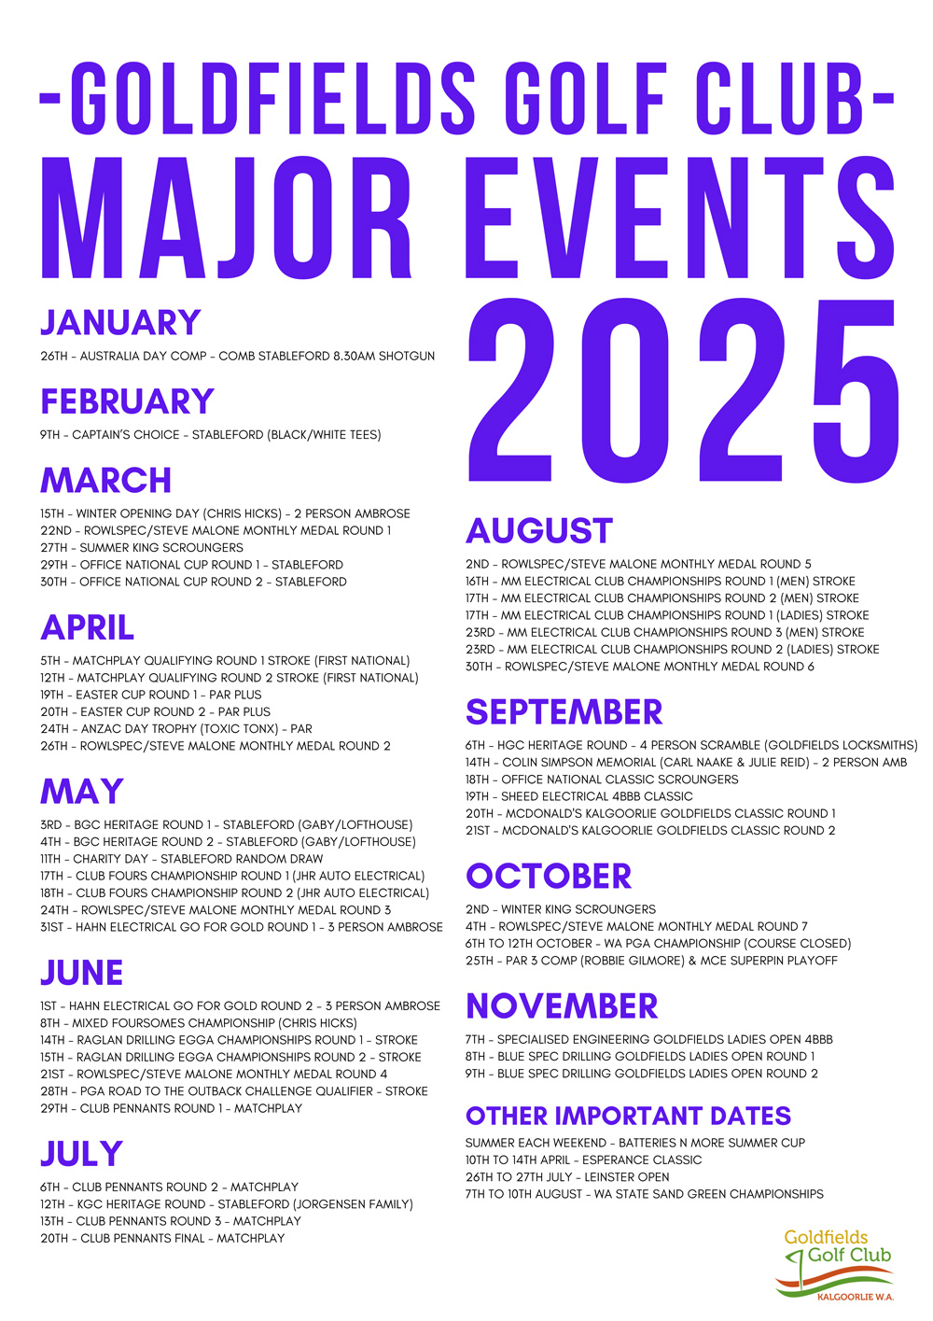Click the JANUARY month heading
120,323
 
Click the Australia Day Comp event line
237,356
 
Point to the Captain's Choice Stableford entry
210,434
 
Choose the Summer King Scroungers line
141,548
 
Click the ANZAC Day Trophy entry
175,729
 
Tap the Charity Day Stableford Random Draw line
181,859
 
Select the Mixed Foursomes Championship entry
198,1023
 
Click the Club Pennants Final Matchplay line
162,1239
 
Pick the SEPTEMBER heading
564,712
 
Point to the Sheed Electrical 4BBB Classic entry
578,796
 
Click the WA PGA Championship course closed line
658,944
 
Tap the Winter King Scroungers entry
560,909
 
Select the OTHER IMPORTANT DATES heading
628,1117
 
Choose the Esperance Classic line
583,1160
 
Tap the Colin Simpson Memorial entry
686,763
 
